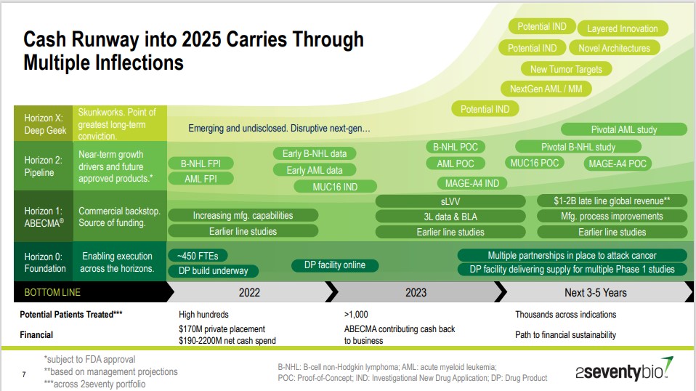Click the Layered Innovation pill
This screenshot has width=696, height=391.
622,28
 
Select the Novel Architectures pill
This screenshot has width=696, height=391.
614,48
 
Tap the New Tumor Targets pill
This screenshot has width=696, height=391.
567,69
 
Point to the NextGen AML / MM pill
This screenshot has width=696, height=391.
546,89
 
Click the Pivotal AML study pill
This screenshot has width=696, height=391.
623,129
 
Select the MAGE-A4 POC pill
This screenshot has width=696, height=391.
615,164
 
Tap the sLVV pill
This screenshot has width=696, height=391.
450,201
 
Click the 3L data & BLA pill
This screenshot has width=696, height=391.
450,216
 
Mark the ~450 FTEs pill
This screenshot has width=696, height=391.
198,256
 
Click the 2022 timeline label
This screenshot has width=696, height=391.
249,292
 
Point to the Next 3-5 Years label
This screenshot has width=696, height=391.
595,292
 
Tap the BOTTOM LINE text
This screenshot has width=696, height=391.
52,292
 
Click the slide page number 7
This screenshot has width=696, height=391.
24,374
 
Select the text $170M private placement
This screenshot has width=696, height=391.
222,329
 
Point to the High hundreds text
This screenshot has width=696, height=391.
203,315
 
